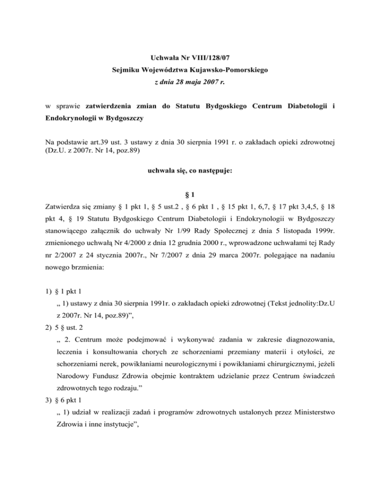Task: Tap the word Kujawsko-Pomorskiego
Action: point(229,71)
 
